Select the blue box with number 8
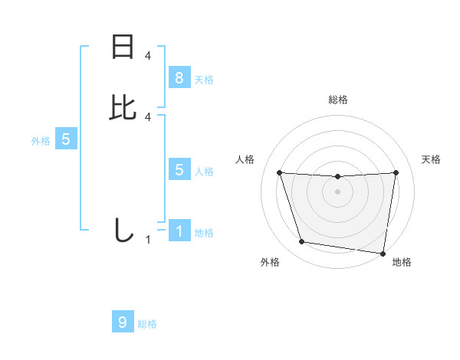179,77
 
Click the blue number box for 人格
179,170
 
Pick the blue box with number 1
179,231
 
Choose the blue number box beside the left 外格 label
66,139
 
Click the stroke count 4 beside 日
148,56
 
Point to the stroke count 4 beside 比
148,116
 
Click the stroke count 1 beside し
148,240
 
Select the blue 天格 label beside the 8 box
204,80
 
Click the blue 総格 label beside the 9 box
147,325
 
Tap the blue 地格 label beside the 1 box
204,233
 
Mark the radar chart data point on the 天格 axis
396,172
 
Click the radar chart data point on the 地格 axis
383,253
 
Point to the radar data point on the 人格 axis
279,172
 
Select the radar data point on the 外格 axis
302,242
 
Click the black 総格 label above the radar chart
338,100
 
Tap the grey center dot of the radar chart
338,191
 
